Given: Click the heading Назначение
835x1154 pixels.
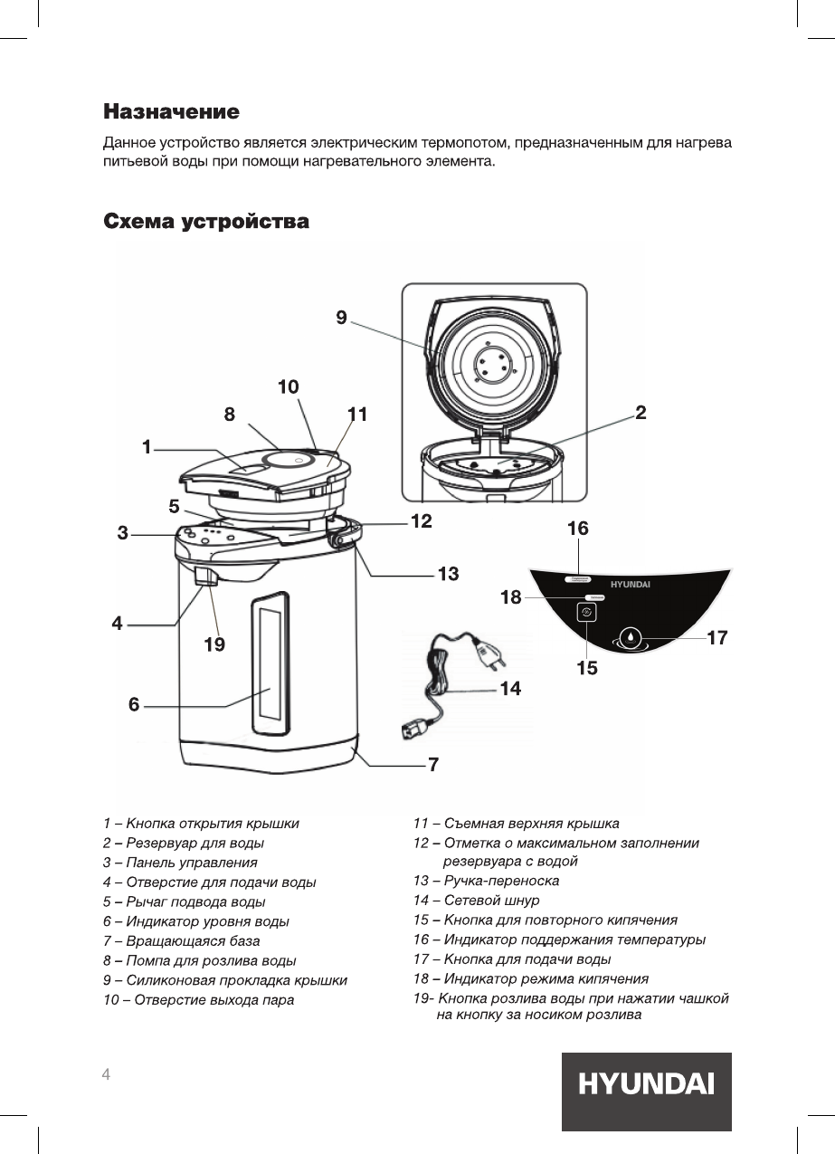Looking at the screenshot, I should [171, 112].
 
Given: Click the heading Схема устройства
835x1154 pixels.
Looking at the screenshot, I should [206, 221].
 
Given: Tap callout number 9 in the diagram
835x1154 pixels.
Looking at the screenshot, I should [341, 317].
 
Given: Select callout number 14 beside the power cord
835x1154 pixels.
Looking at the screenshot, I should [510, 689].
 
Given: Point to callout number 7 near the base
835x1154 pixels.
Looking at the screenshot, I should [433, 765].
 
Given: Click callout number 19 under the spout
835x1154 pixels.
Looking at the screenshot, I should [214, 644].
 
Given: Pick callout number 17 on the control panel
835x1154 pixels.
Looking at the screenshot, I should [717, 638].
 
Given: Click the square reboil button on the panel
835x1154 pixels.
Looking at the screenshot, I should [586, 613].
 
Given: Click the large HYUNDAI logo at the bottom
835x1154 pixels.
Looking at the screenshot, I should [646, 1084].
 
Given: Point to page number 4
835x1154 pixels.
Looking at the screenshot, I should [107, 1074].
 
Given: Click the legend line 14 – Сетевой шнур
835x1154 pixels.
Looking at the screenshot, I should [476, 901].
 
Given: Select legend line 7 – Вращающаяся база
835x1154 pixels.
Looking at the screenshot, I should [181, 940].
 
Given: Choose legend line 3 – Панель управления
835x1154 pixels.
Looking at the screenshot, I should [180, 863].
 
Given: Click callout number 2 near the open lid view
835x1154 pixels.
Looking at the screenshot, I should [640, 413].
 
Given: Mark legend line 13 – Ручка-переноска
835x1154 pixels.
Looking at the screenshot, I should [486, 881].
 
